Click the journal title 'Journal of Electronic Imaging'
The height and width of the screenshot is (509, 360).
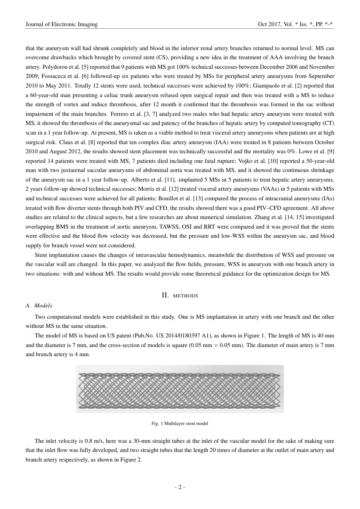[62, 25]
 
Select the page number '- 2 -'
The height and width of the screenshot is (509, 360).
[180, 487]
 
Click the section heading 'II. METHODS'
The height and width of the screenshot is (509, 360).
[180, 295]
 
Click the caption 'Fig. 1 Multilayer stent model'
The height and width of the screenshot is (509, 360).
[180, 423]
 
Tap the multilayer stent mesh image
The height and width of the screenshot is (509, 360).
[180, 388]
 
